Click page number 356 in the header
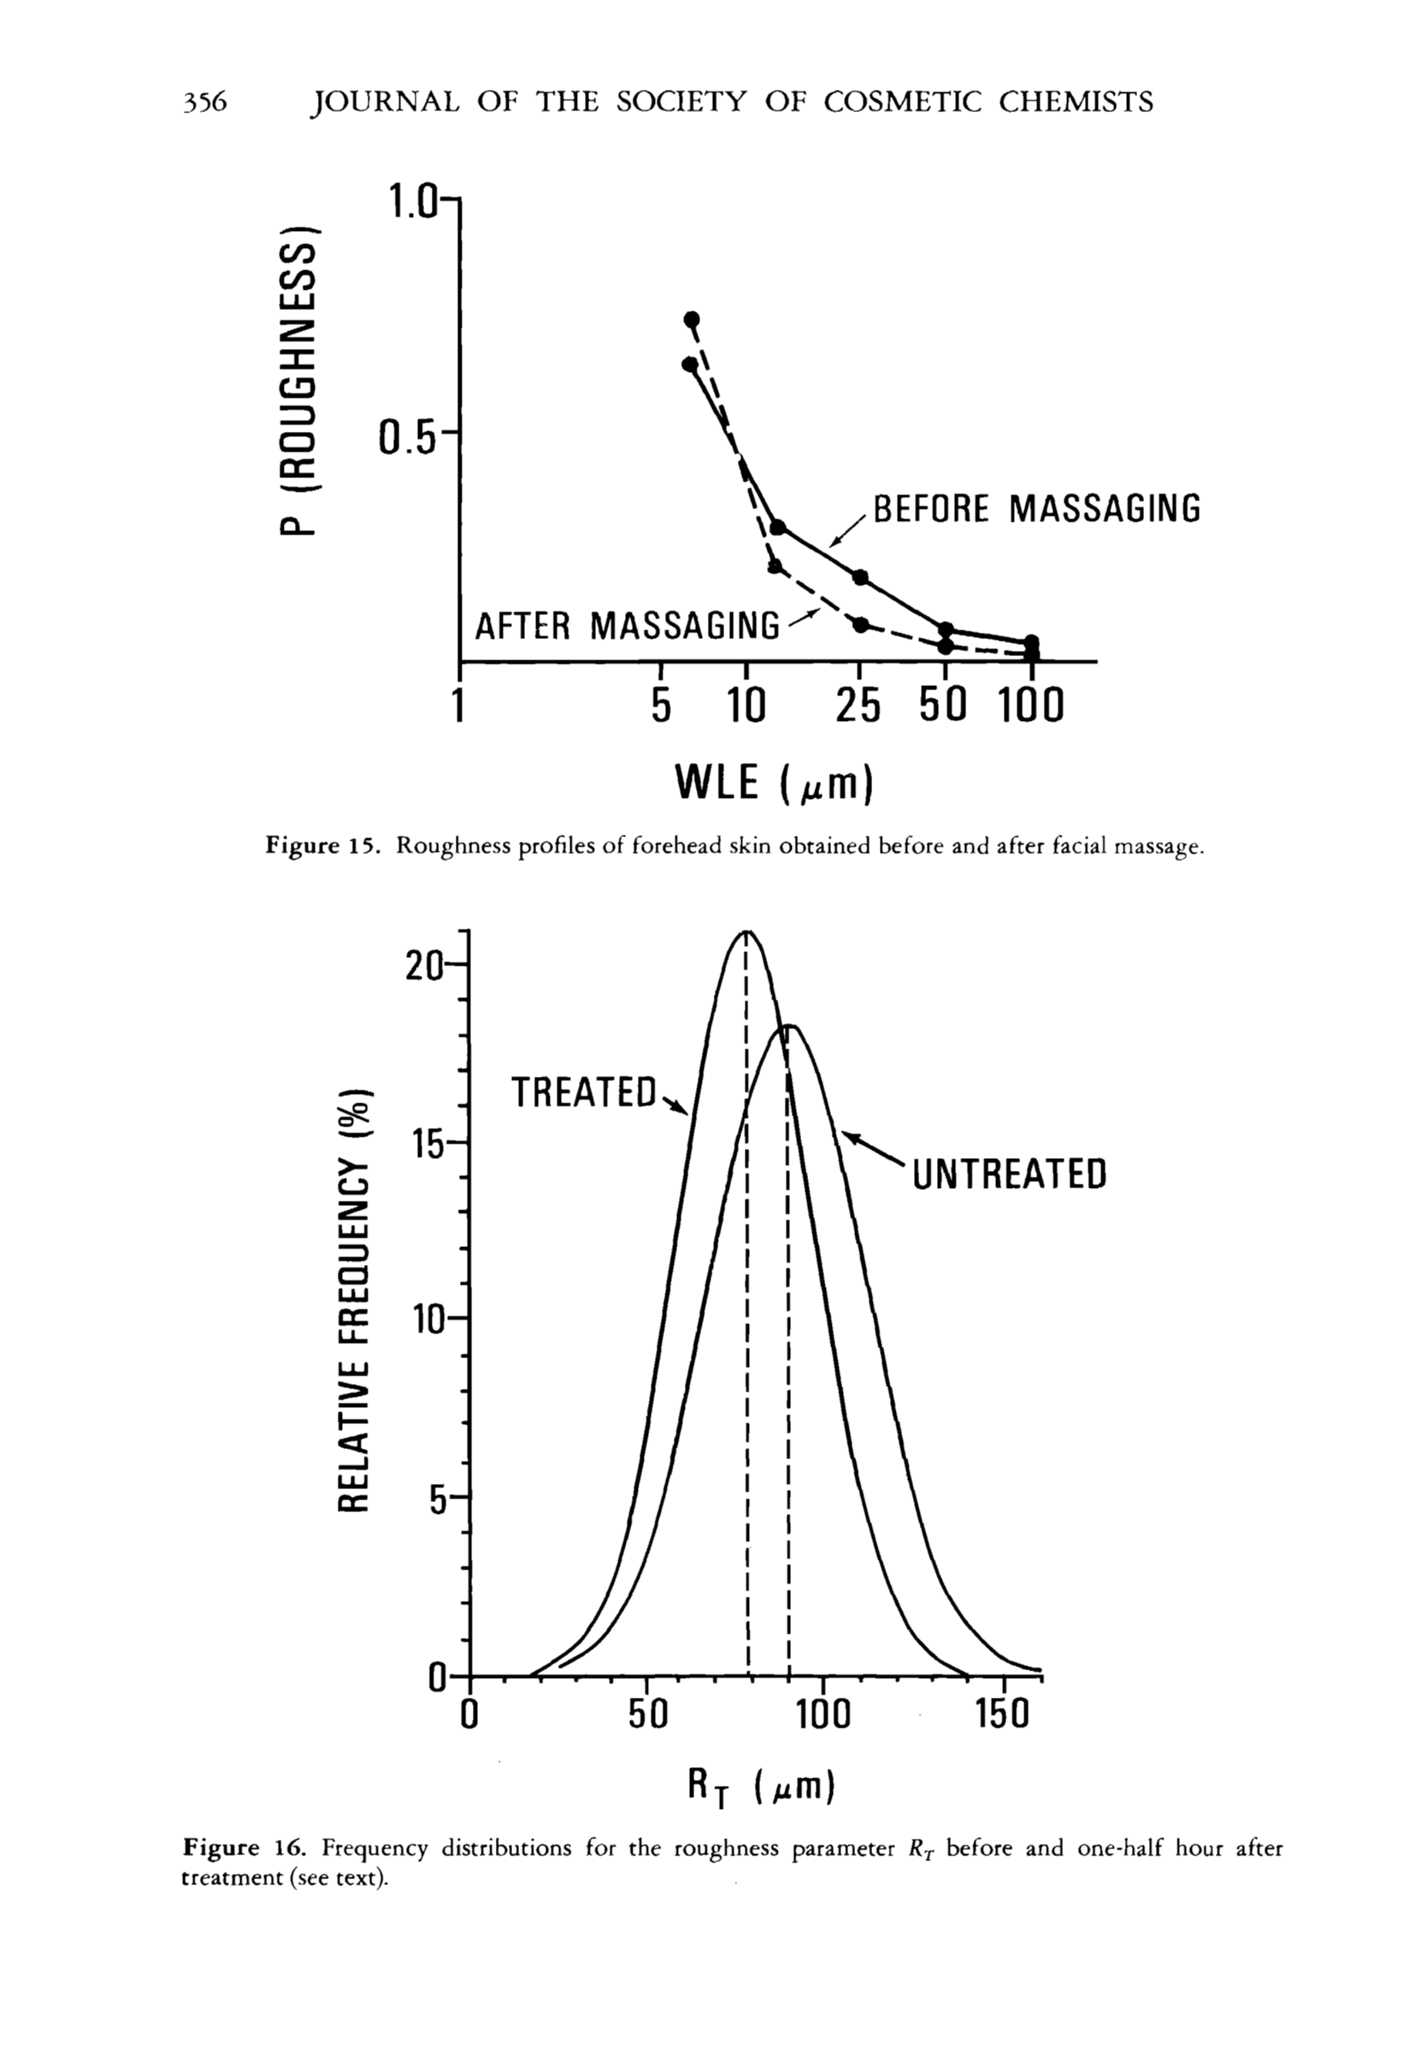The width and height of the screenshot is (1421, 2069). point(206,103)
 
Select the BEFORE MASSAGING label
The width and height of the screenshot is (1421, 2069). point(1037,510)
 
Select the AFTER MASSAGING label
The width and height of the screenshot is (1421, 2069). point(628,625)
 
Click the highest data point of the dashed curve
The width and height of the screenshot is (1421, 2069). point(692,320)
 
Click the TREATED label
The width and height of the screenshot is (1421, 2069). point(584,1093)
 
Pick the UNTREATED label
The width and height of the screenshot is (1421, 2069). point(1010,1173)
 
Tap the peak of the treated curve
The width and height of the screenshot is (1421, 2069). point(746,931)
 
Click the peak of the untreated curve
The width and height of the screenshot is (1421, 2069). point(790,1026)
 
